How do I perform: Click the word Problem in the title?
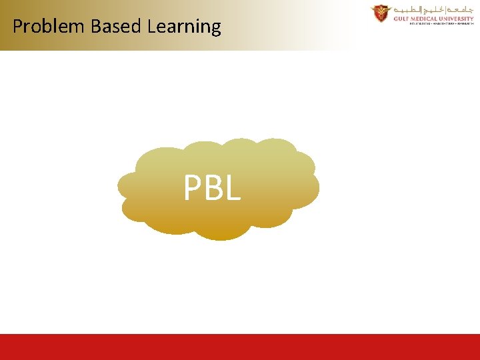tap(49, 27)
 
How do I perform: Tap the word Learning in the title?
tap(184, 27)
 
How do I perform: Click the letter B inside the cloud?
tap(213, 189)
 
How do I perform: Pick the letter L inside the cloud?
tap(231, 189)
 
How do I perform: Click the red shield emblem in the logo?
tap(381, 13)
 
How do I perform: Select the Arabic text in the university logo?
tap(433, 10)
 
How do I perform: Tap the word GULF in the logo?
tap(401, 19)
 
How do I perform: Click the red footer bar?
tap(240, 347)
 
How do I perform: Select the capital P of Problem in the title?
tap(17, 27)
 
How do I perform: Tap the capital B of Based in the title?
tap(95, 27)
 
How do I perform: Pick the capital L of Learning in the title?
tap(151, 27)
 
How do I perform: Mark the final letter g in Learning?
tap(215, 29)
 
